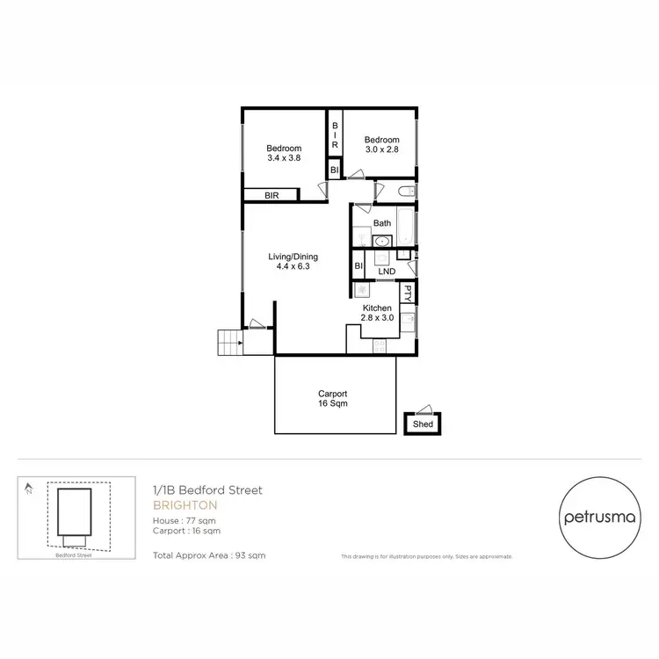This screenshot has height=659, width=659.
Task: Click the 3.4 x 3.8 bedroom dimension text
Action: coord(284,159)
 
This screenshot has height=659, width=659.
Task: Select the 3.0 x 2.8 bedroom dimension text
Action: coord(382,151)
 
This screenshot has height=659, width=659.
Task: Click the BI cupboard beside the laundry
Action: coord(358,266)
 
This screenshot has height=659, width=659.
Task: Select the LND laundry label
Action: coord(386,272)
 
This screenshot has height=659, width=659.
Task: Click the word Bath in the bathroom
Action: coord(382,223)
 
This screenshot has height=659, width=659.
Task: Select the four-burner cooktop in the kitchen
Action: coord(380,345)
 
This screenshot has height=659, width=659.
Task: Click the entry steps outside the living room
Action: coord(228,342)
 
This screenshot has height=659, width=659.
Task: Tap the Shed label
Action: coord(423,425)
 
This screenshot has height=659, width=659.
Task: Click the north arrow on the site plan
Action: coord(30,488)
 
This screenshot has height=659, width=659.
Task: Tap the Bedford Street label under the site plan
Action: coord(73,555)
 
